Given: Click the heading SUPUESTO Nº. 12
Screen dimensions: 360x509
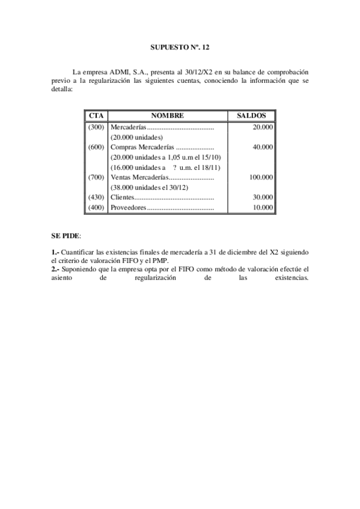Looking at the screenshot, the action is [x=180, y=46].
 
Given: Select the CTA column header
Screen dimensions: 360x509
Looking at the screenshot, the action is [x=96, y=116].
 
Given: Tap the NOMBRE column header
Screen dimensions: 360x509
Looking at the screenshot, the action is [x=167, y=116].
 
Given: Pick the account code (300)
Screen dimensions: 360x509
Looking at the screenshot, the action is [x=96, y=127].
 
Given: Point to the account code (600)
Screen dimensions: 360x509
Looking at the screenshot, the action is [x=96, y=147].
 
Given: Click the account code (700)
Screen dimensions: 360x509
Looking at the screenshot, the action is [x=96, y=177].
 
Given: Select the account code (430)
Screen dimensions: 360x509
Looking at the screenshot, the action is [x=96, y=197].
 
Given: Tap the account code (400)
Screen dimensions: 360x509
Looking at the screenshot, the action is [x=96, y=207].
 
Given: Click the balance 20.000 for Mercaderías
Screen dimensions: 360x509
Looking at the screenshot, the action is [x=263, y=127].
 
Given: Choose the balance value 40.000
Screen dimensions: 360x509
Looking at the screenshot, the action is [x=263, y=147].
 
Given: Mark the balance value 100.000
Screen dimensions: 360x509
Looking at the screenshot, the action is [x=261, y=177].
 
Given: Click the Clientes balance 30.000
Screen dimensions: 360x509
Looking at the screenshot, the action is [x=263, y=197].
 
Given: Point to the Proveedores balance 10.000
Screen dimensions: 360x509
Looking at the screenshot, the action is [x=263, y=207].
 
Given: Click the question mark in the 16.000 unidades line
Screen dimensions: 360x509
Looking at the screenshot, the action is [x=174, y=167].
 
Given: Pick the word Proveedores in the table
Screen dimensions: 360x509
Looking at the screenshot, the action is [x=129, y=207].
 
